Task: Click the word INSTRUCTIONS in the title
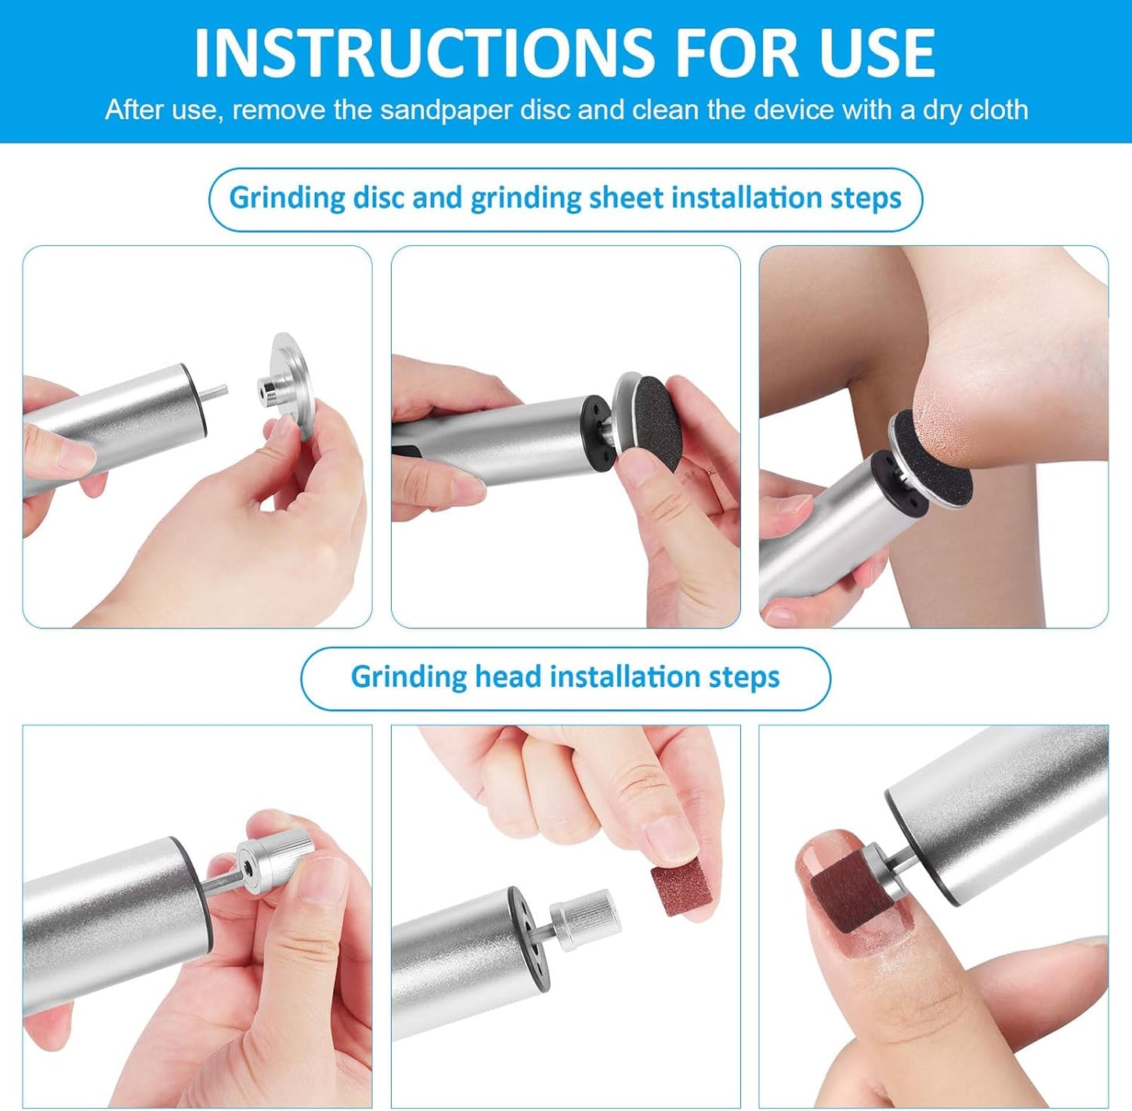tap(423, 52)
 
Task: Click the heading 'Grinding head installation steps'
tap(565, 677)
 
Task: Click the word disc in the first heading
tap(378, 197)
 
